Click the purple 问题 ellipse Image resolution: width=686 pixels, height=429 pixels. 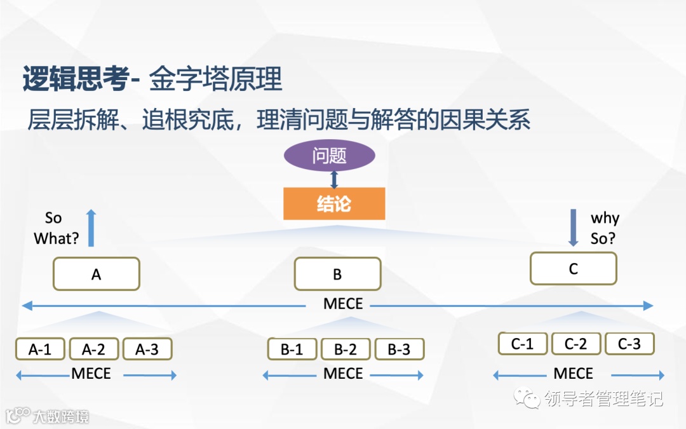point(329,156)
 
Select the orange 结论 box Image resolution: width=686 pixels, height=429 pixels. point(334,203)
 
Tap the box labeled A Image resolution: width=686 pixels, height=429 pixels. point(97,274)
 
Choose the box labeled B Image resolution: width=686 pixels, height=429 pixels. point(337,274)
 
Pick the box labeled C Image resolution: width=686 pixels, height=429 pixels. point(573,268)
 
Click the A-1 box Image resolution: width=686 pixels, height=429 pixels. point(39,349)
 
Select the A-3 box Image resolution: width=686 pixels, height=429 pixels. point(147,349)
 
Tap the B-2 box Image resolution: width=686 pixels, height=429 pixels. point(346,349)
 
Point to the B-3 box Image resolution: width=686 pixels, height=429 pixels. point(399,349)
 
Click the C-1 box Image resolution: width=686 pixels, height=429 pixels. point(522,344)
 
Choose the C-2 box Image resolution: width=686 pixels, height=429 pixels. point(575,344)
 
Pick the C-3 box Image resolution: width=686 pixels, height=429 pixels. point(629,344)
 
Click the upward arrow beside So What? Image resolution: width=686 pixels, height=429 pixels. point(91,228)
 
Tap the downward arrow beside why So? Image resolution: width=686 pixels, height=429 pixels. point(573,228)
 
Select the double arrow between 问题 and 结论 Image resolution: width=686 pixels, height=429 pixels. point(334,179)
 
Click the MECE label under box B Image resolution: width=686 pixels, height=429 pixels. point(343,304)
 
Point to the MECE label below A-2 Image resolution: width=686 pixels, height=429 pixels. point(91,373)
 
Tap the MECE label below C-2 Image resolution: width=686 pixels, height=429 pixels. point(573,373)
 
